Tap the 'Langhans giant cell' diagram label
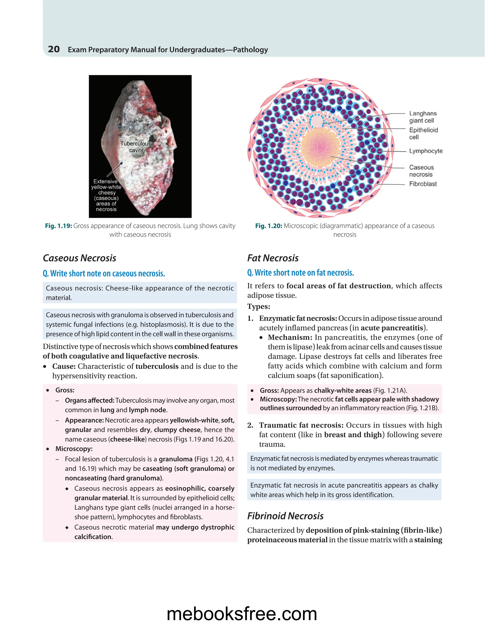(x=423, y=117)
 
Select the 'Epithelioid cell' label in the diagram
(x=423, y=133)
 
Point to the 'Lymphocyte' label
(x=426, y=151)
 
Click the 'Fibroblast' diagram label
(x=423, y=184)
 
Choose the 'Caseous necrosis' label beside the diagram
(x=421, y=171)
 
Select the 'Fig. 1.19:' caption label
(x=58, y=226)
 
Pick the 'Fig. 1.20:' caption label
(x=269, y=226)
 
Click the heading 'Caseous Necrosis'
(x=80, y=258)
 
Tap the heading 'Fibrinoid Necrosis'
(x=285, y=516)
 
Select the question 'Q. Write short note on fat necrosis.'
(x=301, y=273)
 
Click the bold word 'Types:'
(x=259, y=306)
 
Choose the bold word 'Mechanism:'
(x=290, y=337)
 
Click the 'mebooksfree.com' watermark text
(x=242, y=614)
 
